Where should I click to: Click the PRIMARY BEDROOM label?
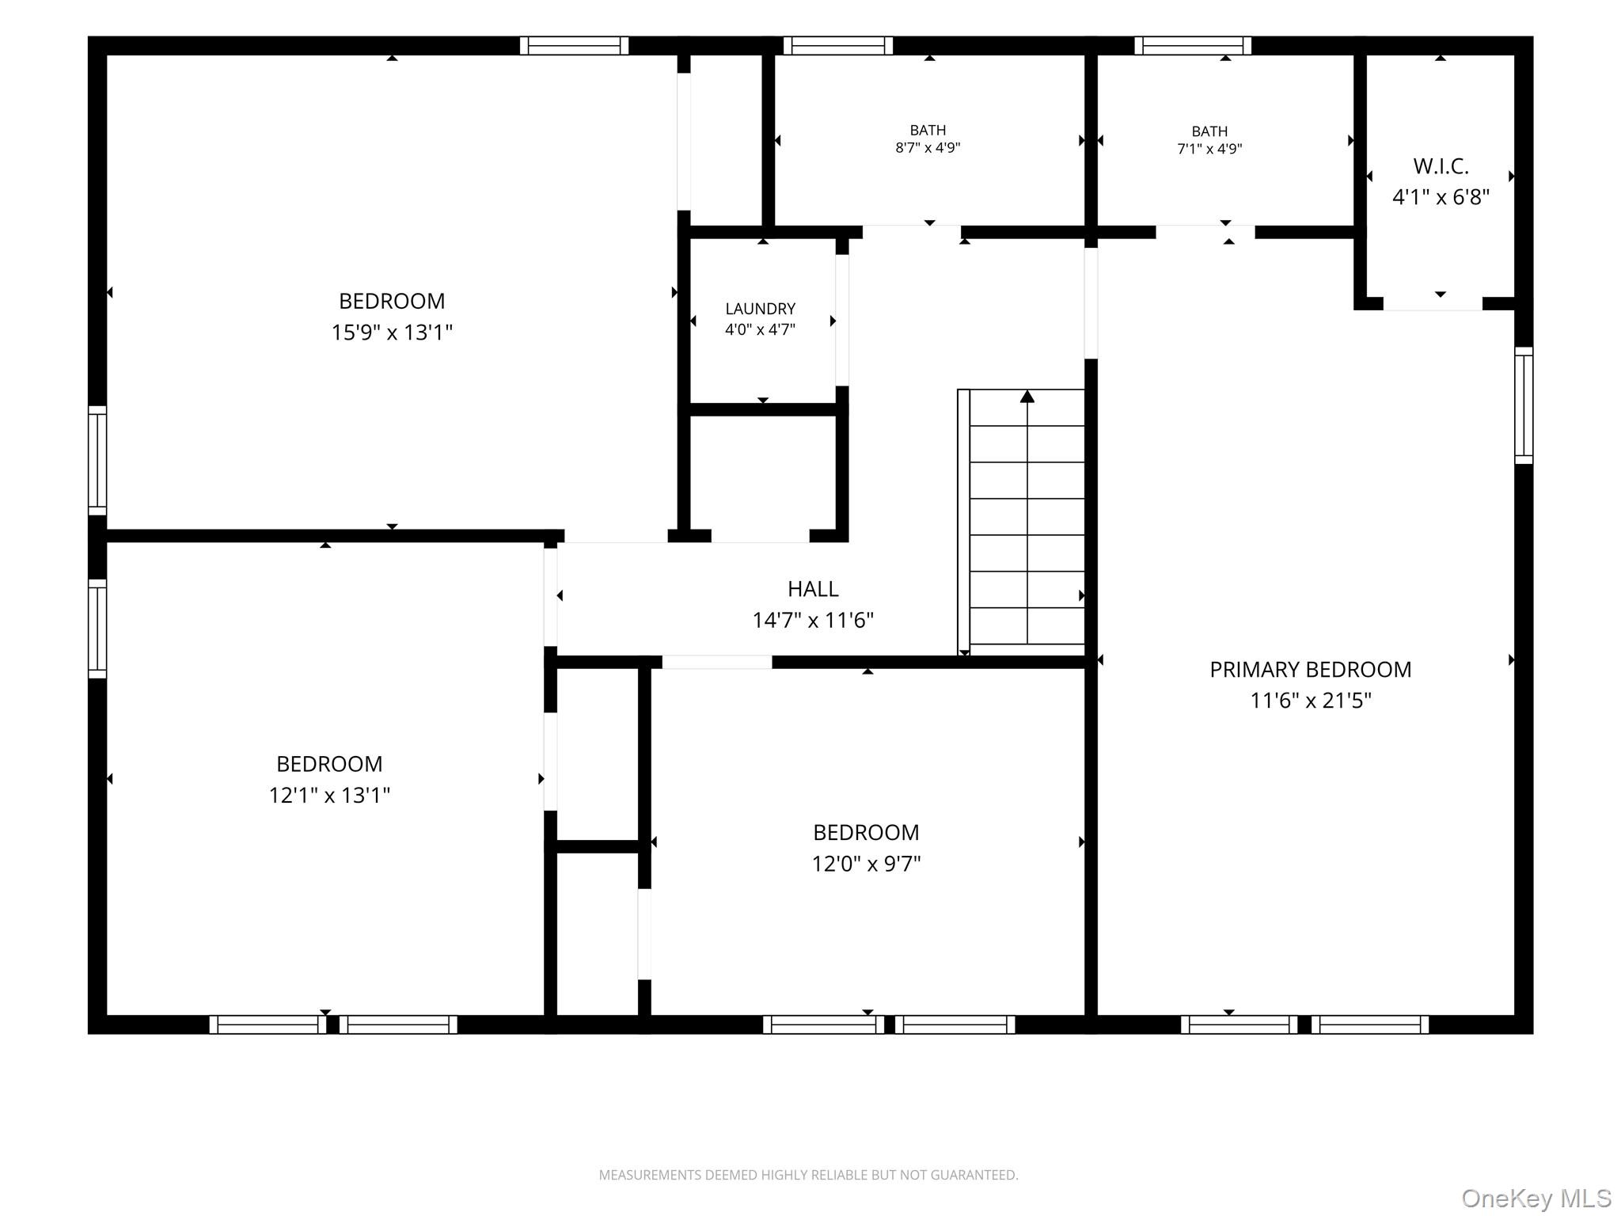(1310, 670)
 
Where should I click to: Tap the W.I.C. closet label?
(1441, 166)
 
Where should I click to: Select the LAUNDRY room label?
(760, 309)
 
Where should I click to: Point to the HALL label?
(813, 589)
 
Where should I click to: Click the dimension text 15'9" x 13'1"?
(392, 332)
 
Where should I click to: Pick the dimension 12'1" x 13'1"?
(329, 795)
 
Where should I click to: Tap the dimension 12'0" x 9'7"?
(866, 864)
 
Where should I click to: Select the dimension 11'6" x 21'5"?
(1311, 701)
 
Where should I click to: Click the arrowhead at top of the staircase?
(1027, 396)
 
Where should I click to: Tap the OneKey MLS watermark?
(1536, 1199)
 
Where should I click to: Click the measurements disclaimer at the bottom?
(808, 1175)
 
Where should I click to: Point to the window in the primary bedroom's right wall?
(1524, 405)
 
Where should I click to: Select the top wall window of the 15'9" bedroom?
(574, 46)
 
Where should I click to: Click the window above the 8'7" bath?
(838, 46)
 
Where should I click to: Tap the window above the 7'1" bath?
(1193, 46)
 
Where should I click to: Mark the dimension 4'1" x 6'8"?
(1441, 197)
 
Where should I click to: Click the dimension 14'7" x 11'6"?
(813, 620)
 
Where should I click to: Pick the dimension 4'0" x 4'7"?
(760, 329)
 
